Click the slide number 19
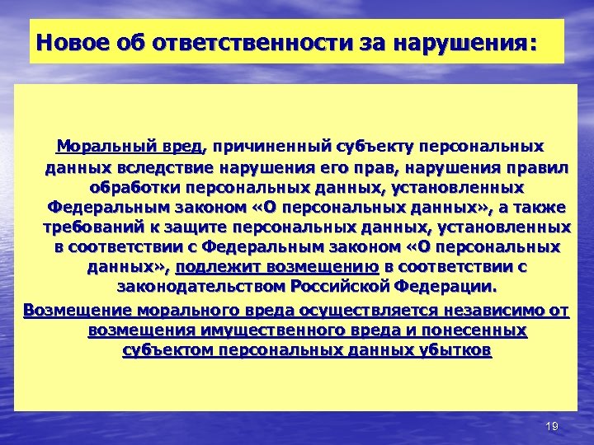point(553,425)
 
